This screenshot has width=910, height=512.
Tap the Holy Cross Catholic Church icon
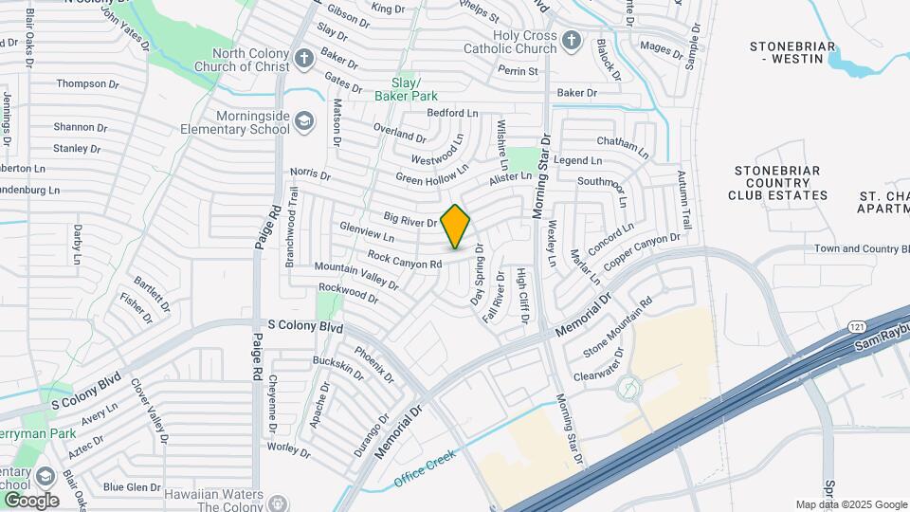pyautogui.click(x=570, y=40)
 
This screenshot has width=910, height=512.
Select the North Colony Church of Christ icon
pyautogui.click(x=303, y=59)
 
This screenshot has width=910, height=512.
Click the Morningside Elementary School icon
pyautogui.click(x=303, y=120)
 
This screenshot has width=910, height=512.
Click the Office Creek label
pyautogui.click(x=426, y=466)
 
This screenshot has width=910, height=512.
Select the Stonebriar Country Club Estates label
pyautogui.click(x=777, y=182)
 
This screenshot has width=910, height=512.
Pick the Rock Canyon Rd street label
pyautogui.click(x=405, y=258)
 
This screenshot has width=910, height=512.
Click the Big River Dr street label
pyautogui.click(x=409, y=220)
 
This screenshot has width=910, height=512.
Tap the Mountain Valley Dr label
pyautogui.click(x=355, y=276)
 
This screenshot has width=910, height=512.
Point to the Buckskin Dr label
pyautogui.click(x=337, y=366)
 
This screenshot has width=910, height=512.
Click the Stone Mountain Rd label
pyautogui.click(x=618, y=329)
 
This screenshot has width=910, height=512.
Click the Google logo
pyautogui.click(x=30, y=500)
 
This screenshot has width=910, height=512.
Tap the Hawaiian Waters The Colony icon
pyautogui.click(x=277, y=502)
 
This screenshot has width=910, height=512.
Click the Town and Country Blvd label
pyautogui.click(x=862, y=249)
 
